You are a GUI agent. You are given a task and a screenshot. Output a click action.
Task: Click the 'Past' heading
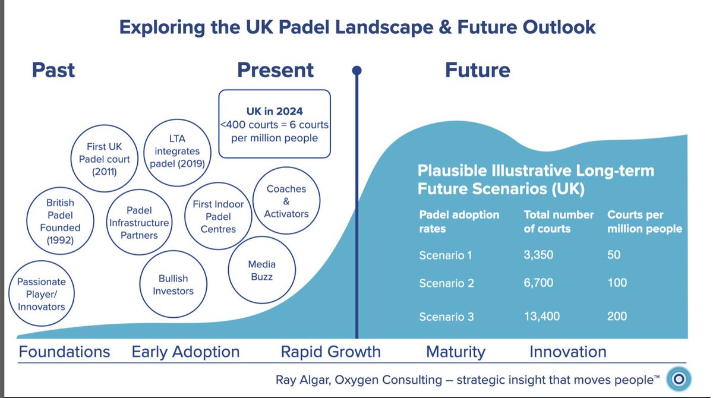53,70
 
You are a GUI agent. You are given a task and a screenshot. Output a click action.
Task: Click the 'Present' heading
275,70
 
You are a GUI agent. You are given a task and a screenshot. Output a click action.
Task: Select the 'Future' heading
478,70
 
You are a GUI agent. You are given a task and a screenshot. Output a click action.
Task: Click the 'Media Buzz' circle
261,271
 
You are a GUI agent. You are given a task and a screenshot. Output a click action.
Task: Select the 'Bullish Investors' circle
173,285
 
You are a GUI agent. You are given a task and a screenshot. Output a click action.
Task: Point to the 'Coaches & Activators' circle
286,201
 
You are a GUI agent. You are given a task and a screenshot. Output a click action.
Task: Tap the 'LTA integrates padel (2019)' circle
177,151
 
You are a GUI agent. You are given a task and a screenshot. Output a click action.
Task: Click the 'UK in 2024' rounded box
275,124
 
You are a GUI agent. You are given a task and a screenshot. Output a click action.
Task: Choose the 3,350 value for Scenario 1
538,255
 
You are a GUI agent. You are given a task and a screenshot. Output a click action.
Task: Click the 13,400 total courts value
541,317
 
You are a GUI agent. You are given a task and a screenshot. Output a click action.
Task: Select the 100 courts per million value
617,283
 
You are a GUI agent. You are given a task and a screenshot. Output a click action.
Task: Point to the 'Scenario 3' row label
446,317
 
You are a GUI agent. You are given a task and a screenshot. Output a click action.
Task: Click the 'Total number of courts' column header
559,222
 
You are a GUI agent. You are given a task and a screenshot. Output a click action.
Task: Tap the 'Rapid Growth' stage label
330,352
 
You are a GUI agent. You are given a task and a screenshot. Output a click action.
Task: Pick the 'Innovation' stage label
567,352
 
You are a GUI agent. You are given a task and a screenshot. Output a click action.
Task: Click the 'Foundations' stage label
64,352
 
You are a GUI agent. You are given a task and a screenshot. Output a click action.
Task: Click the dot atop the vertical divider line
357,71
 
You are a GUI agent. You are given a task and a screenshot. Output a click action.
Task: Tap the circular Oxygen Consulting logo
678,378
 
